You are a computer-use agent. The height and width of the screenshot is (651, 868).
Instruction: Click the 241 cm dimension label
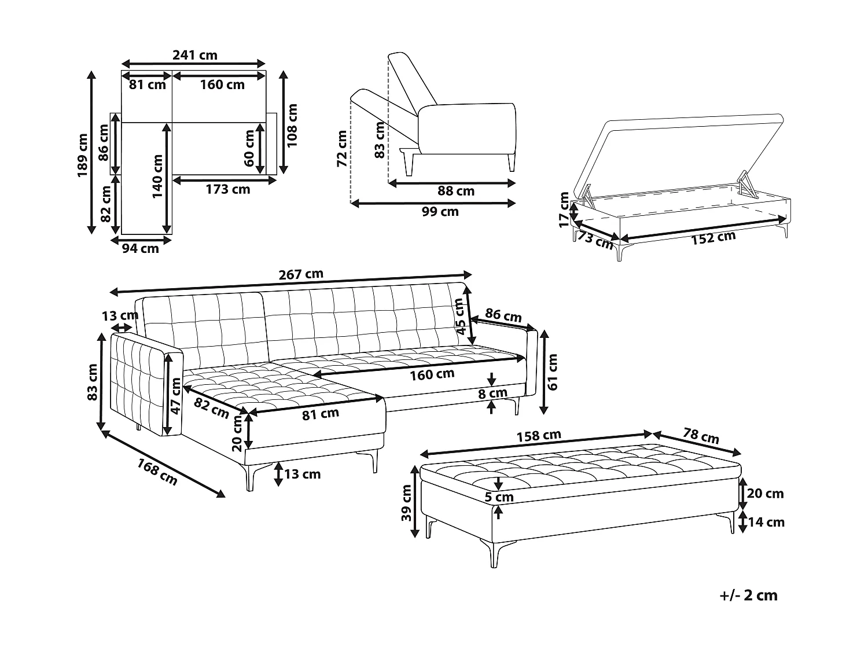195,55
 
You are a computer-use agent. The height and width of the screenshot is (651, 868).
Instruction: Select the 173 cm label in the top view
228,189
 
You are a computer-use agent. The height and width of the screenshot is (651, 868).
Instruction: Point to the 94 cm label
140,248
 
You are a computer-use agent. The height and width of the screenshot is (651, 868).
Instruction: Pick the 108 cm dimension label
292,124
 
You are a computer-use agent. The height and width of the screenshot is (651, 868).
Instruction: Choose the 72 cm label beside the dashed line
341,148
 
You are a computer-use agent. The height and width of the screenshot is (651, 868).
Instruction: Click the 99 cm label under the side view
440,212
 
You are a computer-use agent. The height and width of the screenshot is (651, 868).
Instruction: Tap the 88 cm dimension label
456,191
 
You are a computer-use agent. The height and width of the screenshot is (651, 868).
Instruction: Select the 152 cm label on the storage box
713,238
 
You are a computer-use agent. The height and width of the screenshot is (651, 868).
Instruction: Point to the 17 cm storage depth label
565,210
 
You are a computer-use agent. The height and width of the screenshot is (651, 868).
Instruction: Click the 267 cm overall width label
301,274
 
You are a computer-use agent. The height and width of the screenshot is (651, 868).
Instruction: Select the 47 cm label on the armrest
176,396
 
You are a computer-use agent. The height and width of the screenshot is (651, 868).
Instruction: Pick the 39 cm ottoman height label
406,503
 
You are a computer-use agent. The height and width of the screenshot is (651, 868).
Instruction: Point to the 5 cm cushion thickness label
499,497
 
